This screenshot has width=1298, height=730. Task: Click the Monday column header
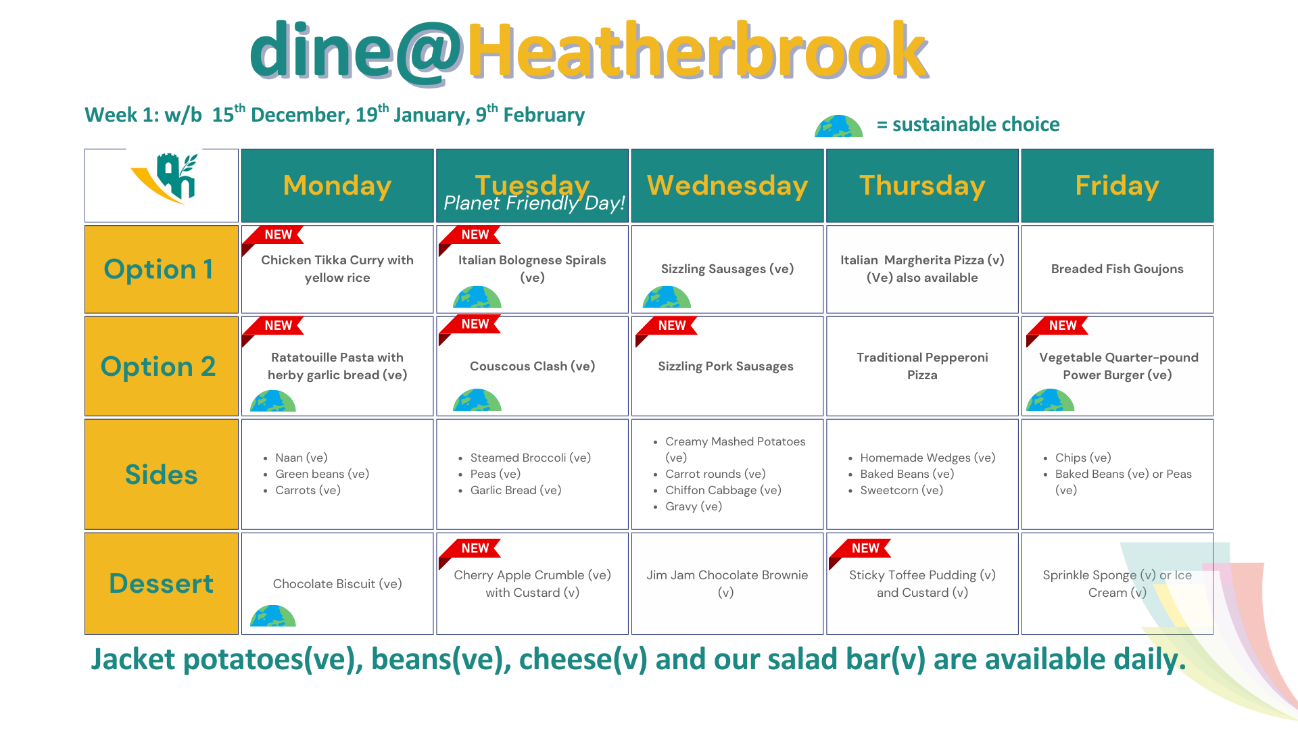pos(337,185)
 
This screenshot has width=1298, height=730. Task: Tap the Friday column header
pos(1117,185)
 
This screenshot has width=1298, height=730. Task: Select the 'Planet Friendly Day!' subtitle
pos(534,203)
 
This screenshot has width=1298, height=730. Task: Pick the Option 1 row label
pos(161,269)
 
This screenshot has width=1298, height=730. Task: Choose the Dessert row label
pos(161,583)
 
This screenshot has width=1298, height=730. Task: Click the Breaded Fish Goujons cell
pos(1117,269)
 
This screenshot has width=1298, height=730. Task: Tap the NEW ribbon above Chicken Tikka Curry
pos(273,237)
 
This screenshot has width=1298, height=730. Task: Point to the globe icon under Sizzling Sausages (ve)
pos(667,297)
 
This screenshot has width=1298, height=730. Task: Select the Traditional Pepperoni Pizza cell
pos(922,366)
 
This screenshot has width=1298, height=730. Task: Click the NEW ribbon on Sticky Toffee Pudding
pos(860,550)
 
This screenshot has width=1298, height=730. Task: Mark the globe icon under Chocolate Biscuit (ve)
pos(273,616)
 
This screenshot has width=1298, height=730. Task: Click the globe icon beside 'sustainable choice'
pos(839,126)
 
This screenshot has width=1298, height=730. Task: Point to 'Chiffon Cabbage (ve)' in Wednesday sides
pos(723,490)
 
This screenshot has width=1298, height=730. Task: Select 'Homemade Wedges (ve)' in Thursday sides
pos(928,458)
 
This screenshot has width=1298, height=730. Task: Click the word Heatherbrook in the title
pos(697,51)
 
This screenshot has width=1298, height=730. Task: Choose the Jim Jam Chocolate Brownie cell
pos(727,583)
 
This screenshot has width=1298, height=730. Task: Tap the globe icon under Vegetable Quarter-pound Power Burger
pos(1050,400)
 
